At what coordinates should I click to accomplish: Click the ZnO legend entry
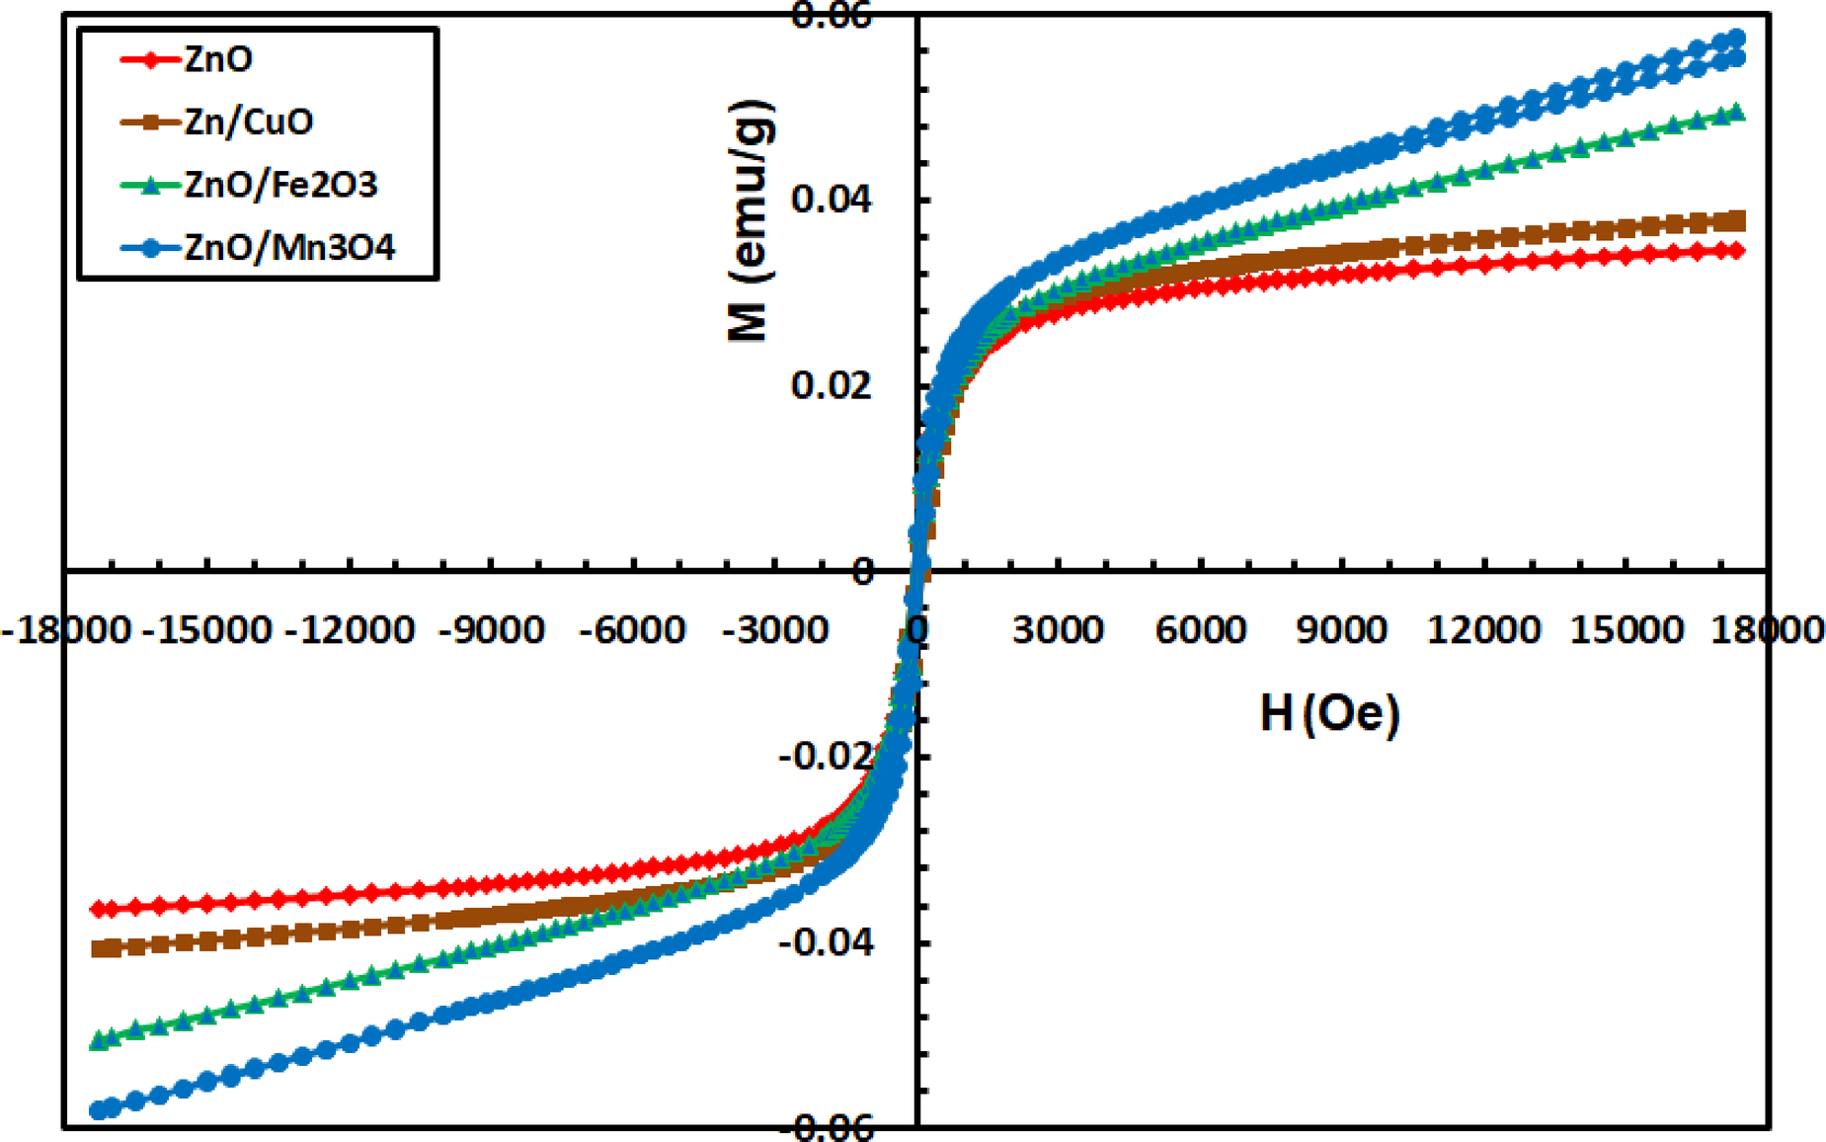click(x=218, y=59)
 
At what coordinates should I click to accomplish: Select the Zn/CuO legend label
click(x=249, y=122)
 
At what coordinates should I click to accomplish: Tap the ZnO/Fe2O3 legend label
click(x=280, y=185)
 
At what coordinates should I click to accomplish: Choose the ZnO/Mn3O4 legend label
click(x=289, y=247)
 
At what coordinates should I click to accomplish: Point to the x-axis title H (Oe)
click(x=1329, y=712)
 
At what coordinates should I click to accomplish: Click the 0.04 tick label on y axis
click(x=832, y=200)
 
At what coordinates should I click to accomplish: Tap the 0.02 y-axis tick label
click(x=832, y=384)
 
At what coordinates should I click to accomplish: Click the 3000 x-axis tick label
click(x=1058, y=629)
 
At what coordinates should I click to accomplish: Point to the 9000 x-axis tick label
click(x=1341, y=629)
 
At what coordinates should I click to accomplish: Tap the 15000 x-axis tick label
click(x=1626, y=629)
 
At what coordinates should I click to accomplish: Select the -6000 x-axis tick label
click(x=632, y=629)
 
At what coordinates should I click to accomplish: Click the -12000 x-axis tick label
click(x=349, y=629)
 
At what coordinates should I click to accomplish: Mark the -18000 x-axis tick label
click(x=65, y=629)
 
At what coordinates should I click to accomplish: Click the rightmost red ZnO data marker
click(x=1737, y=251)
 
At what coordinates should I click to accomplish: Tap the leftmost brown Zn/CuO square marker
click(x=100, y=948)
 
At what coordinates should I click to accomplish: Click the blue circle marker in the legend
click(x=151, y=247)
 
